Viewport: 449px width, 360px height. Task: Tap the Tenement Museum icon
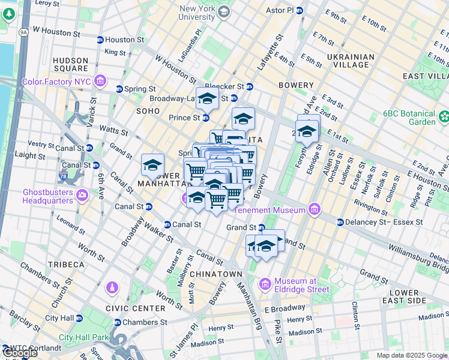click(x=313, y=209)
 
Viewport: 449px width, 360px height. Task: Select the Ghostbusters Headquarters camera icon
click(x=81, y=194)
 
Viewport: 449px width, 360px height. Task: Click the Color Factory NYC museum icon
click(x=100, y=80)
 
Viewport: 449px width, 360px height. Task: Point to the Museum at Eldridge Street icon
click(x=265, y=283)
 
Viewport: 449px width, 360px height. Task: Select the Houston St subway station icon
click(x=99, y=40)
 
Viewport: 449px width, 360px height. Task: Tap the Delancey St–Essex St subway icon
click(x=340, y=222)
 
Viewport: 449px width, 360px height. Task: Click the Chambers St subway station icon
click(x=117, y=323)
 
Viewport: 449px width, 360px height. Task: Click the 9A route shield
click(x=23, y=32)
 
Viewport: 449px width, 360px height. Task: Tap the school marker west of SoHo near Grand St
click(x=152, y=165)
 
